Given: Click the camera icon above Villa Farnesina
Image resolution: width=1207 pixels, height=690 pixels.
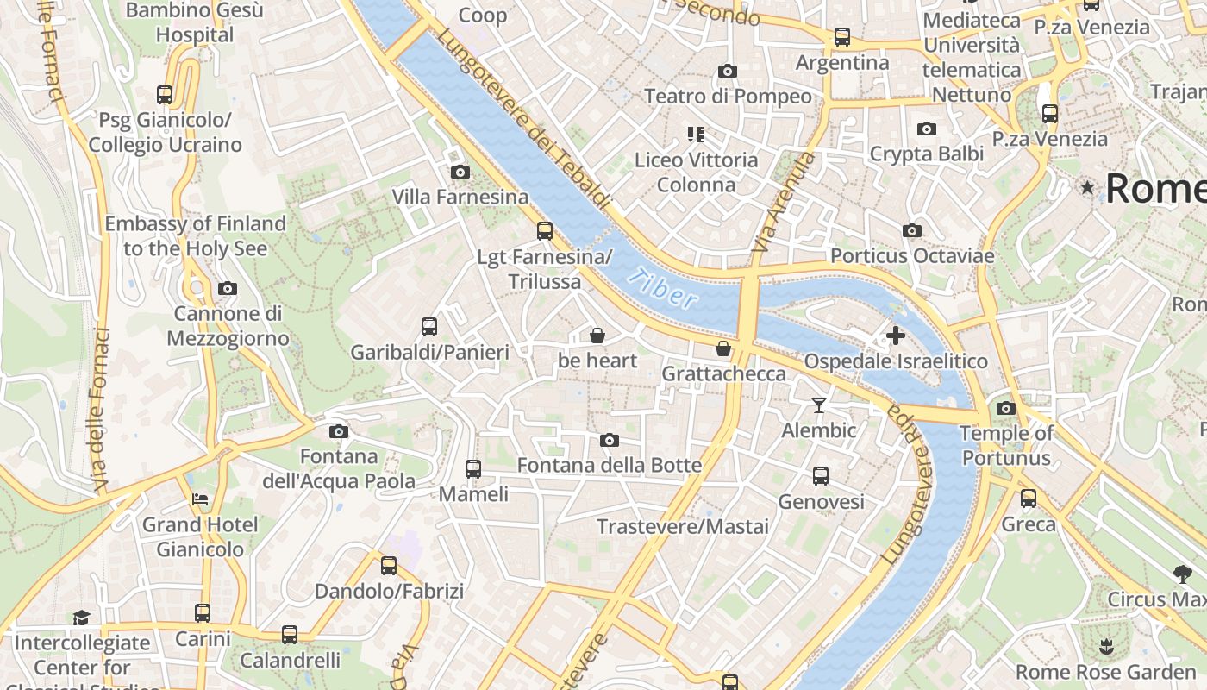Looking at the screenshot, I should [460, 172].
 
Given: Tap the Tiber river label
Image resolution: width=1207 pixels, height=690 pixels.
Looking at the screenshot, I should [663, 289].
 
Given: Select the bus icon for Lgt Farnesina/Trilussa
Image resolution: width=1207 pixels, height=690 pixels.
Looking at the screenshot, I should [544, 230].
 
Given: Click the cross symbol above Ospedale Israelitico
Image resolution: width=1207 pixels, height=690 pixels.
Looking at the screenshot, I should [896, 335].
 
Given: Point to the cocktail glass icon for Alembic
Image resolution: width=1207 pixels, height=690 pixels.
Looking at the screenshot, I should [818, 405].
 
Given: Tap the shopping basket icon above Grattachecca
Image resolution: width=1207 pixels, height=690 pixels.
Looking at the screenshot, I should [723, 348].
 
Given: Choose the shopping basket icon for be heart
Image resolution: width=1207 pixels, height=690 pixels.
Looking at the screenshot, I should [597, 335].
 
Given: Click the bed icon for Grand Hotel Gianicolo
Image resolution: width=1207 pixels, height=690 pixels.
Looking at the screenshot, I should [200, 499].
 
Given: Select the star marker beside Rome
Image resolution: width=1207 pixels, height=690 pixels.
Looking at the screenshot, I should [1088, 187].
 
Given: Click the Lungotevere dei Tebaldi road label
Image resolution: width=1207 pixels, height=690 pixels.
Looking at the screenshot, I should [524, 121].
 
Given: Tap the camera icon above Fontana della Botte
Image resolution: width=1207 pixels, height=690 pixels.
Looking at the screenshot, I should [610, 441].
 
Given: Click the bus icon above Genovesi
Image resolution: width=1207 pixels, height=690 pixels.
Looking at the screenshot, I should [821, 476].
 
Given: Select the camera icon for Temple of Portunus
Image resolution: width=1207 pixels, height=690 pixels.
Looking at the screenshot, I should [1005, 408].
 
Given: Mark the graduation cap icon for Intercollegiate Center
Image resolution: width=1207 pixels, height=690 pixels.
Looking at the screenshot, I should [81, 618].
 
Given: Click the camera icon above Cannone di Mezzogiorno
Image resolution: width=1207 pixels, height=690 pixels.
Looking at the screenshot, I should [228, 288].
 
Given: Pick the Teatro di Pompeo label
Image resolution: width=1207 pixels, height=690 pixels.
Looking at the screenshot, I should [728, 96].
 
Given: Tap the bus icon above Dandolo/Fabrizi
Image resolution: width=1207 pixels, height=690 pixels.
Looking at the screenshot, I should [389, 566].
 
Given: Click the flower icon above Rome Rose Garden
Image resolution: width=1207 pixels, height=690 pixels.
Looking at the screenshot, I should [1105, 646].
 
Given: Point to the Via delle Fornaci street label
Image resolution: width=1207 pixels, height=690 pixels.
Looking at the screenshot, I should [99, 410].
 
